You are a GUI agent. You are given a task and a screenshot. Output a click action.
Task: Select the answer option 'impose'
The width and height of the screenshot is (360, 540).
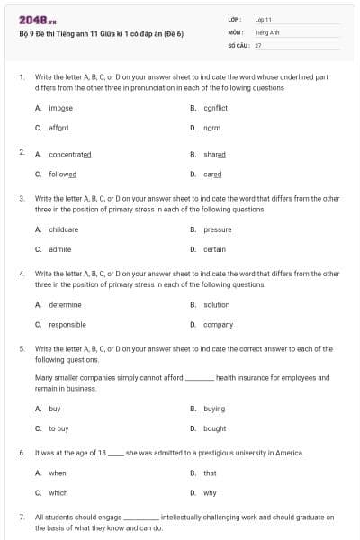pos(61,108)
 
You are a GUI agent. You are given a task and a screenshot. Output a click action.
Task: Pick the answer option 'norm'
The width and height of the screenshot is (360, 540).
pos(211,128)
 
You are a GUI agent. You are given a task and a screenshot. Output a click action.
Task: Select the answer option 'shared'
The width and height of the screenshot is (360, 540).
pos(214,154)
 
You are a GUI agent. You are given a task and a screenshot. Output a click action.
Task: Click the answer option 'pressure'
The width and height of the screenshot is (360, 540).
pos(218,229)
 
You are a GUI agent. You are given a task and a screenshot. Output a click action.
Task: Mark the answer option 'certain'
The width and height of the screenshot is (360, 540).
pos(214,249)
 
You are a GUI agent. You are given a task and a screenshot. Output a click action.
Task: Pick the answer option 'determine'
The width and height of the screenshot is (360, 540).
pos(65,304)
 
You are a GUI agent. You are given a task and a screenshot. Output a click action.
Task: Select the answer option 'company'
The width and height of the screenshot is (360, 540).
pos(218,324)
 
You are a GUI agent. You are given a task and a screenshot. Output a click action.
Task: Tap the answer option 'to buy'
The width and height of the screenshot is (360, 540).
pos(58,428)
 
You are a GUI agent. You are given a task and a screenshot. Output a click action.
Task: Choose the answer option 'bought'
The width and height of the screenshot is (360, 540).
pos(214,428)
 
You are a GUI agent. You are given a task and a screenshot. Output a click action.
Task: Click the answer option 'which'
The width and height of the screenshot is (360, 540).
pos(58,492)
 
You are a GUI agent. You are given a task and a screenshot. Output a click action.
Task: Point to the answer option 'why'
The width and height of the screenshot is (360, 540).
pos(210,492)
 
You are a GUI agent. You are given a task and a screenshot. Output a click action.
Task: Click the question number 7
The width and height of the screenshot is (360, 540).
pos(22,517)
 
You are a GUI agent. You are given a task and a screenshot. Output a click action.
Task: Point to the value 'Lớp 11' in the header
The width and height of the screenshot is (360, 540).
pos(264,18)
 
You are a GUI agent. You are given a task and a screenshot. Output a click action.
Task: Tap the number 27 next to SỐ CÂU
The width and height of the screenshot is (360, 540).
pos(258,43)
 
